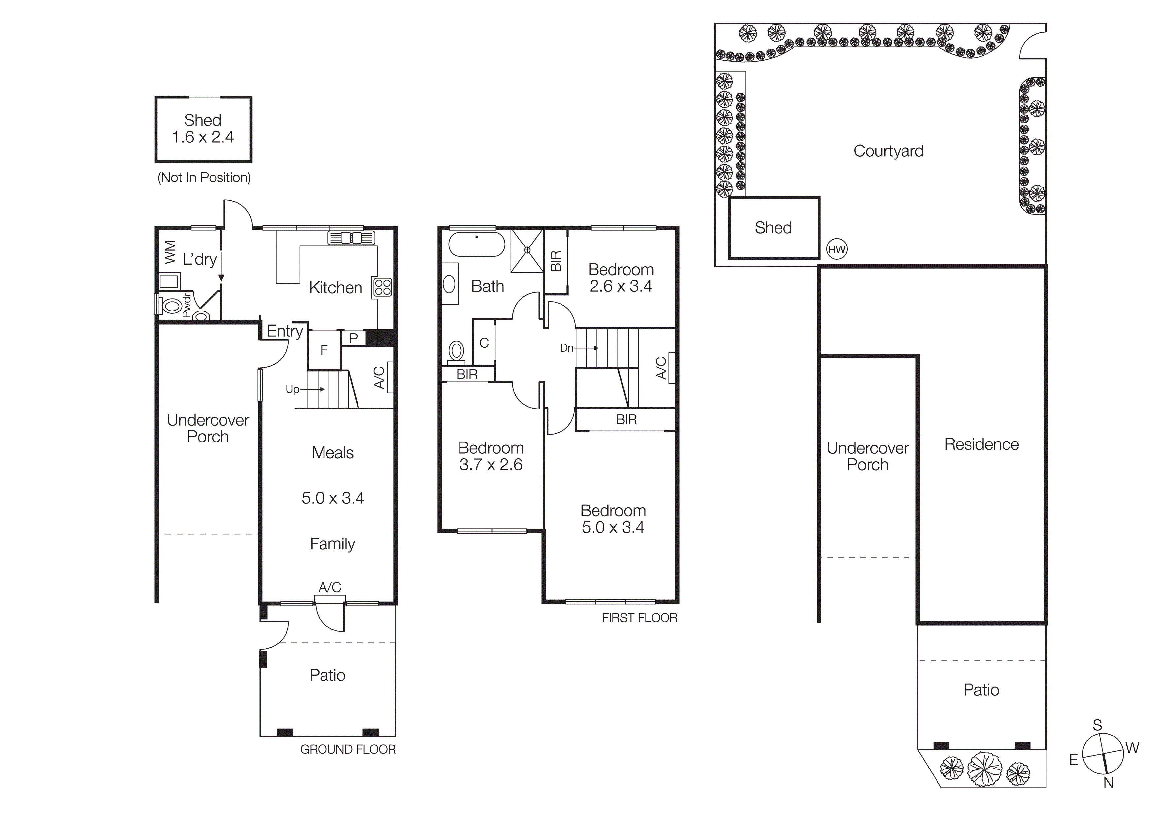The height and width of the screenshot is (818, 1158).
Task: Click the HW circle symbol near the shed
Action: (837, 249)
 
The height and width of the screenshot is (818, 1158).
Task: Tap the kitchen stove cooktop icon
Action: (382, 287)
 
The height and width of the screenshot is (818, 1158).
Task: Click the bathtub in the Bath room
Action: (477, 245)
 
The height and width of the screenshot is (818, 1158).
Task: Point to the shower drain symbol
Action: (527, 250)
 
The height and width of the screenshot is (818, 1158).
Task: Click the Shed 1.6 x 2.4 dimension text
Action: (203, 137)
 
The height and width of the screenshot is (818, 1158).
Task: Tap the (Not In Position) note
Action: (204, 178)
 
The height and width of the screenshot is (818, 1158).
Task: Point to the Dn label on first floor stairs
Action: (566, 348)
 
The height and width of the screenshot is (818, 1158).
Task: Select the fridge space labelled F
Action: (324, 350)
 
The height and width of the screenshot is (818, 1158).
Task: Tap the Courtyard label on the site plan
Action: (888, 151)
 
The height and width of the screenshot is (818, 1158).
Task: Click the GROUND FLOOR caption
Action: (348, 749)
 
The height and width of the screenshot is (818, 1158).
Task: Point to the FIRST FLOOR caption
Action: (639, 618)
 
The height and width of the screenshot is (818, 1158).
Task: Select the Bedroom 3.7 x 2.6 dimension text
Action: (491, 464)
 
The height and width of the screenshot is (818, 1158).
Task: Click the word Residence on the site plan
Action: (981, 444)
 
